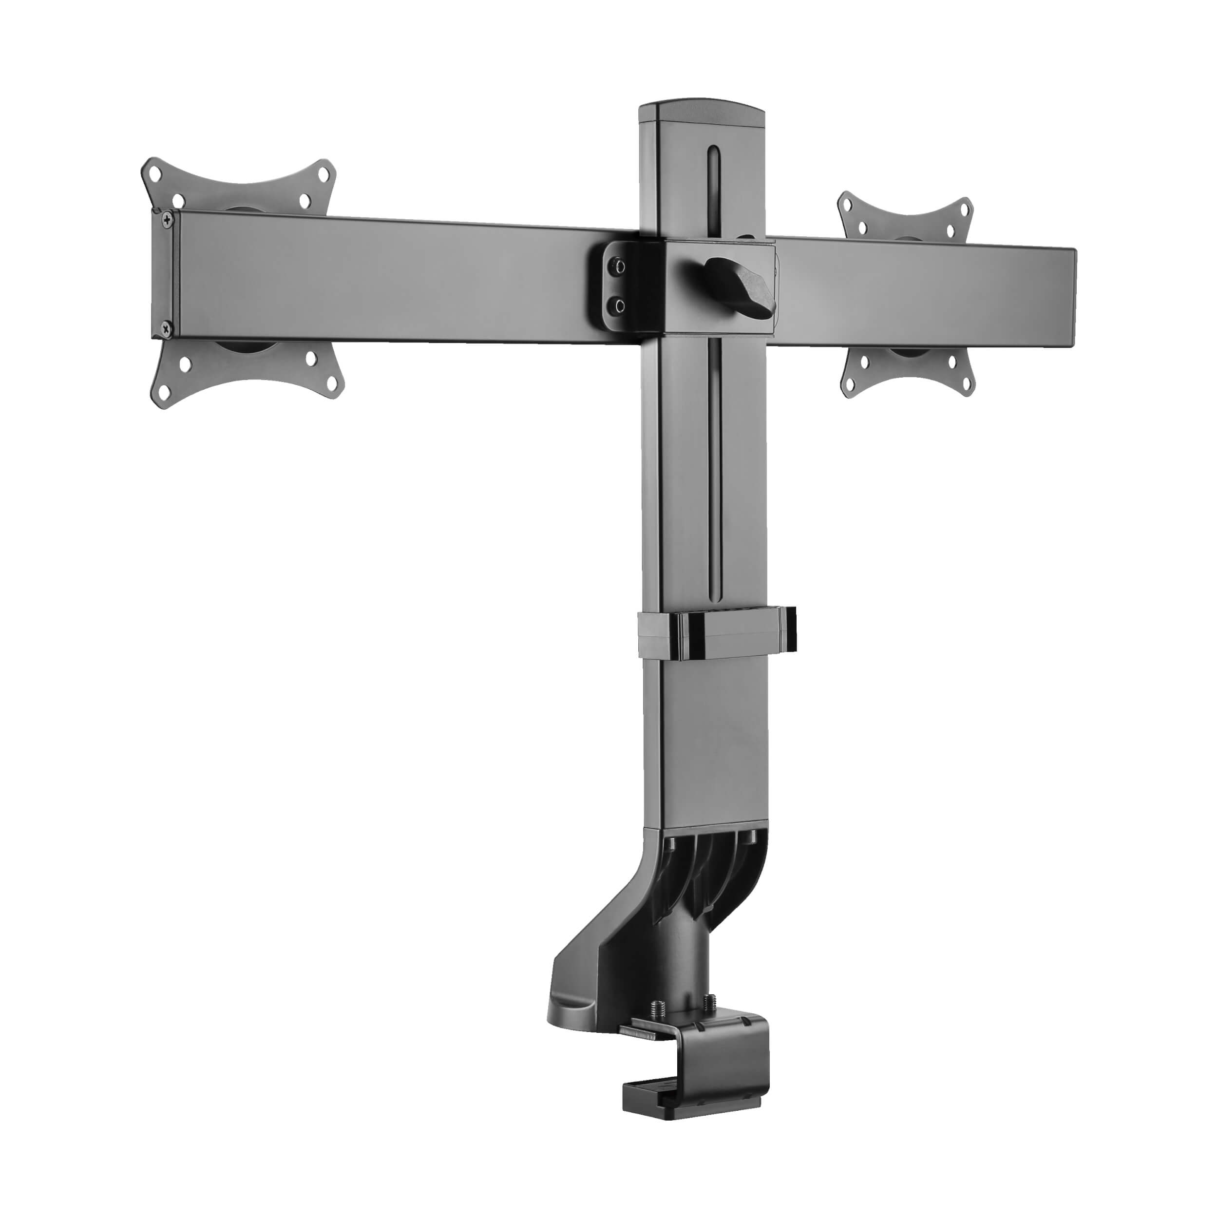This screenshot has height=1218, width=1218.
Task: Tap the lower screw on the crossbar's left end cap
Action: click(165, 327)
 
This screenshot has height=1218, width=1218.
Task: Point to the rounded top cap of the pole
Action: click(704, 112)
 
